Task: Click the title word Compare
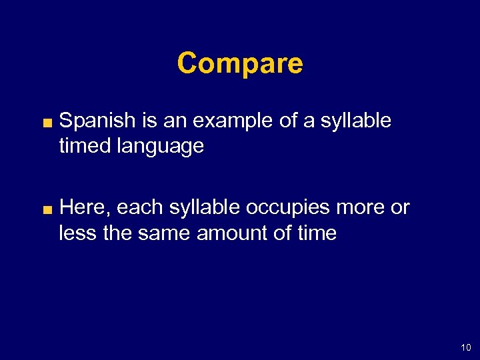pos(240,64)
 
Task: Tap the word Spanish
pos(98,121)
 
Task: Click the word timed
pos(86,146)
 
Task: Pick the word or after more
pos(400,208)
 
